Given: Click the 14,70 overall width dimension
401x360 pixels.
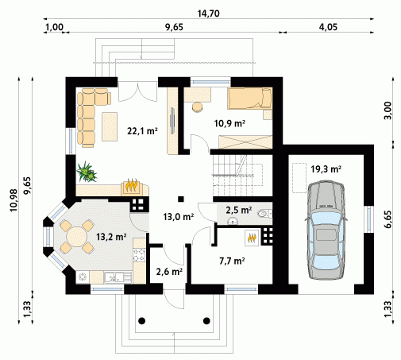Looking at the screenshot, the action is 209,14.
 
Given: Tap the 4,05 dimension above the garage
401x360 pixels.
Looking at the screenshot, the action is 328,27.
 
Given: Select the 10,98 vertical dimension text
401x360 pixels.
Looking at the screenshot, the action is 13,200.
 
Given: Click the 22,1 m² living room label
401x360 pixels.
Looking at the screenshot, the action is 143,130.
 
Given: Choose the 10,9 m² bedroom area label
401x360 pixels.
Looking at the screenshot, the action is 229,123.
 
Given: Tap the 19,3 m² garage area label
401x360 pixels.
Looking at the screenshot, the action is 326,168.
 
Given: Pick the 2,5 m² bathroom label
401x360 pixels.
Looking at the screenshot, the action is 238,210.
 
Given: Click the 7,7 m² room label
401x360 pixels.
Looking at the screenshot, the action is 232,261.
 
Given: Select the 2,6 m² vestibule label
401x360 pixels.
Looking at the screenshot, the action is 169,272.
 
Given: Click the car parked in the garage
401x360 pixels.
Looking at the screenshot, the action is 326,230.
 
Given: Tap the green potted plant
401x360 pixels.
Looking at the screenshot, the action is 87,172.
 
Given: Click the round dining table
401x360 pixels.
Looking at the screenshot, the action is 77,237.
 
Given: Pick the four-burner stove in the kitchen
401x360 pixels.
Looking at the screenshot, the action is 139,254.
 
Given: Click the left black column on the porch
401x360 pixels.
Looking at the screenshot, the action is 142,321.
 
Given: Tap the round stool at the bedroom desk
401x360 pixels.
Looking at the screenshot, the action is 198,107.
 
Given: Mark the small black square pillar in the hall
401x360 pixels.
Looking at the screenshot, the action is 181,199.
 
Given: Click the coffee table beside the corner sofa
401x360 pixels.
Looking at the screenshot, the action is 110,126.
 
